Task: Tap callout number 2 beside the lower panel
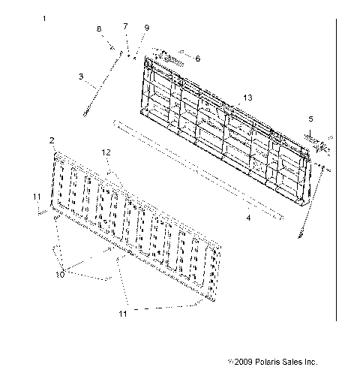[x=51, y=140]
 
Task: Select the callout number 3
[x=80, y=76]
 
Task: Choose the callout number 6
[x=197, y=58]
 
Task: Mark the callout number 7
[x=125, y=27]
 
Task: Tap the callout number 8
[x=97, y=29]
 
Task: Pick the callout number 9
[x=146, y=28]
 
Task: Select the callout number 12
[x=106, y=152]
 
